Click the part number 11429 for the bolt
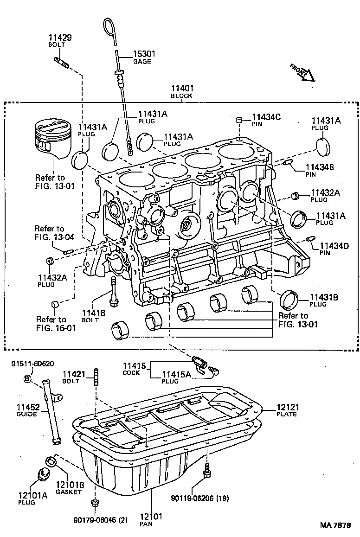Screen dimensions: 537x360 click(60, 38)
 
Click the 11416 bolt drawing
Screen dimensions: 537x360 click(113, 291)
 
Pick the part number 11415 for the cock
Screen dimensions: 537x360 click(131, 366)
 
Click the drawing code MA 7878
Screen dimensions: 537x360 click(335, 525)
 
